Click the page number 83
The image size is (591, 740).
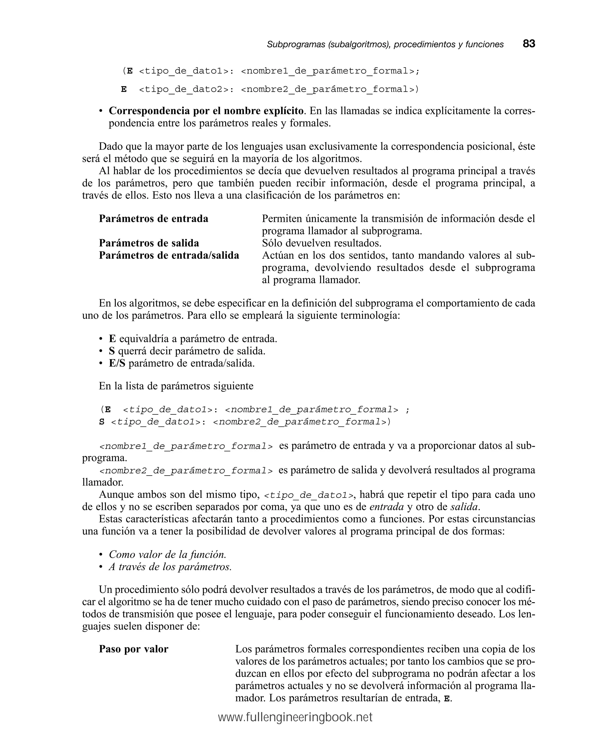click(529, 44)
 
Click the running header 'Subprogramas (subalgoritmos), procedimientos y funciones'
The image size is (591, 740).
click(385, 44)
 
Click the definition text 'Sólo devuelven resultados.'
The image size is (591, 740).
click(321, 243)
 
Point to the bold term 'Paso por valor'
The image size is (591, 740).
click(133, 649)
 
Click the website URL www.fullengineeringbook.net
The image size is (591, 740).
click(295, 717)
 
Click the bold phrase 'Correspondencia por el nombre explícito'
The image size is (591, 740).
click(206, 111)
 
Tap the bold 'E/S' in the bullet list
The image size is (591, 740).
click(117, 363)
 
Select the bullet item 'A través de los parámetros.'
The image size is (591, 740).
click(170, 567)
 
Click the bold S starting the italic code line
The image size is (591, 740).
click(102, 422)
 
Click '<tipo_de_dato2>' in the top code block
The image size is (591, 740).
click(184, 90)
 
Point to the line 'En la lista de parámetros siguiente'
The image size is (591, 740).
click(176, 386)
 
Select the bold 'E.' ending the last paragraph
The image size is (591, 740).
click(447, 698)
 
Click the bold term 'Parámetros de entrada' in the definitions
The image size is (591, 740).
click(153, 219)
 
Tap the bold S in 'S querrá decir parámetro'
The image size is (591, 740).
click(112, 351)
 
